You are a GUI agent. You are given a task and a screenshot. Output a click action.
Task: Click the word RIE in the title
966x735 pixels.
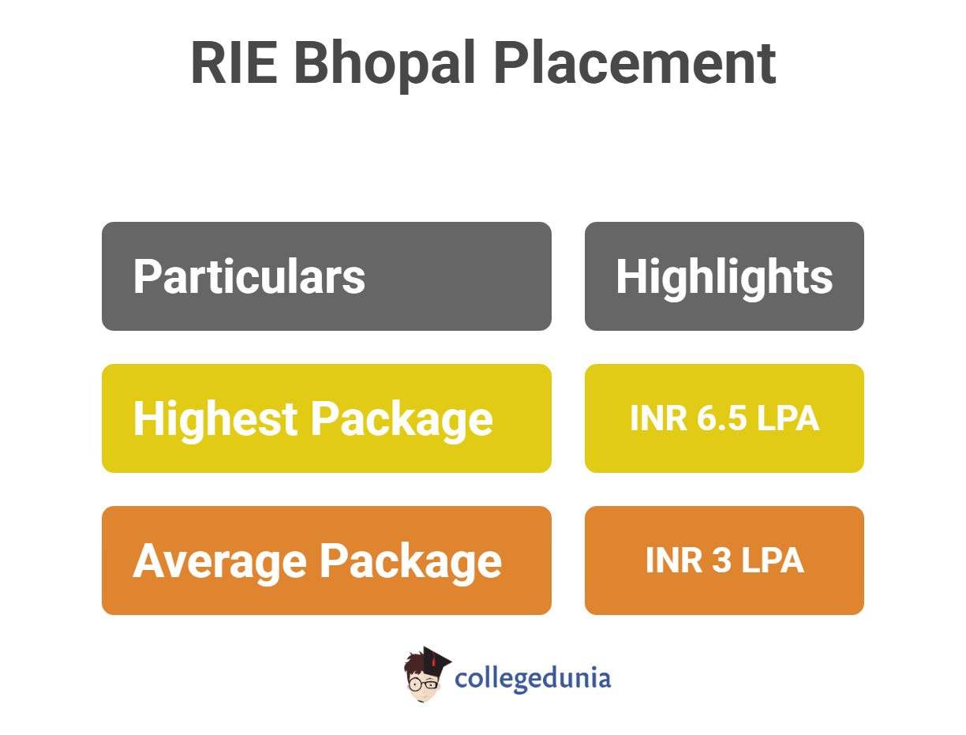(x=234, y=64)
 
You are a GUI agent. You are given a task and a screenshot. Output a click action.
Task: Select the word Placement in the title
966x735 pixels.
(x=635, y=64)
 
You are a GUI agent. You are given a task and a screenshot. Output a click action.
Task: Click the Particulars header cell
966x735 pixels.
(x=327, y=276)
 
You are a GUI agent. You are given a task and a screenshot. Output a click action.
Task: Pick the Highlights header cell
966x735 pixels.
(x=724, y=276)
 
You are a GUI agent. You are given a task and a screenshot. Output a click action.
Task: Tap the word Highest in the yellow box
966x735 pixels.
(x=215, y=418)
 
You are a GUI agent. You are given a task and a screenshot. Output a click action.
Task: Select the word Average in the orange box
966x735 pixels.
(x=219, y=561)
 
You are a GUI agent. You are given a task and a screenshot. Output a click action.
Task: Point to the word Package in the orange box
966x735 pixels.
(x=410, y=561)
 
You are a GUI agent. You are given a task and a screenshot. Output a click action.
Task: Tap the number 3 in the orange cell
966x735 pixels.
(x=721, y=561)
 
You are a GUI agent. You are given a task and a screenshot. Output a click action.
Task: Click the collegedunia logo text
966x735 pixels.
(x=534, y=678)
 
